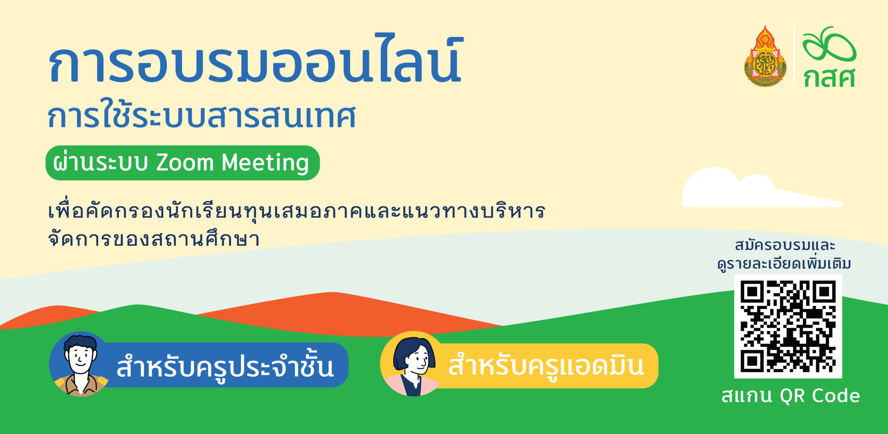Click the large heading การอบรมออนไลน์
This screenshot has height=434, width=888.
tap(256, 59)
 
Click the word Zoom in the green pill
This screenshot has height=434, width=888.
tap(185, 162)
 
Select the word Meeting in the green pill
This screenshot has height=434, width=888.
tap(265, 163)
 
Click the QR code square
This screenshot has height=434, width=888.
tap(788, 326)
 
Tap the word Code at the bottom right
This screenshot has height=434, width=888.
tap(836, 396)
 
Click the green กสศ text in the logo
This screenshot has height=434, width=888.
tap(829, 78)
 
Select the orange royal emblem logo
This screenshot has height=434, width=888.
tap(765, 56)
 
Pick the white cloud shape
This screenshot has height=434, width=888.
tap(760, 189)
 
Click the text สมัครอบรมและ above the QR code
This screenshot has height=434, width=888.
tap(785, 245)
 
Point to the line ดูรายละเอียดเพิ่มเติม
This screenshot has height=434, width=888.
tap(784, 264)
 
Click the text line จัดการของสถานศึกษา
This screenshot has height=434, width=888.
tap(154, 239)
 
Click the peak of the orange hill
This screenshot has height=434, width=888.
tap(333, 293)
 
